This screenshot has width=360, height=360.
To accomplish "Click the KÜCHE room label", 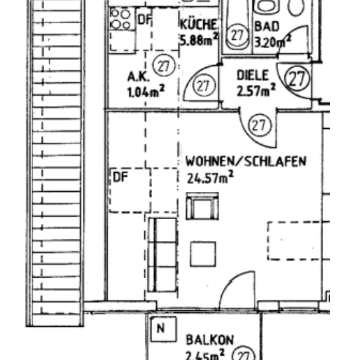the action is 198,24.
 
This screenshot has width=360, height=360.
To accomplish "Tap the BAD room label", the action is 267,26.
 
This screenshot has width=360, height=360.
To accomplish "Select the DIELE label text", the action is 252,75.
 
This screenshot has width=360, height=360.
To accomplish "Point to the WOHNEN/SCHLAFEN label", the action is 246,161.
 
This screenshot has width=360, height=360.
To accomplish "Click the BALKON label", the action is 210,340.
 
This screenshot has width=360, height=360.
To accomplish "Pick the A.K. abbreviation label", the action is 138,77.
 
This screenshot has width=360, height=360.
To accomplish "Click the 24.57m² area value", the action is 211,177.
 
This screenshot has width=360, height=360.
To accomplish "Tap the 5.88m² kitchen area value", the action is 199,40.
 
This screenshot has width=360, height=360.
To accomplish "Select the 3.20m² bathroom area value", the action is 273,41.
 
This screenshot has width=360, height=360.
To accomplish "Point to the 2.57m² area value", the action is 256,90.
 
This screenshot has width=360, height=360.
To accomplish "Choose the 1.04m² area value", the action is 145,92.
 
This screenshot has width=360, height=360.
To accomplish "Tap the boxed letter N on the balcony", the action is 163,329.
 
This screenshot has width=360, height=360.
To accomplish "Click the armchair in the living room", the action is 203,206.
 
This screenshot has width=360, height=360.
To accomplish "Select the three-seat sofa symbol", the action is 163,254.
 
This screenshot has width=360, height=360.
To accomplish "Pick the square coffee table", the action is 203,254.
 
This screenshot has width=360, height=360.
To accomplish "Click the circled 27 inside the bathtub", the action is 237,35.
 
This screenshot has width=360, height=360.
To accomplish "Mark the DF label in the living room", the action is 120,177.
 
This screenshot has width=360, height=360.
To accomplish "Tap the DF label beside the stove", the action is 144,19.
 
